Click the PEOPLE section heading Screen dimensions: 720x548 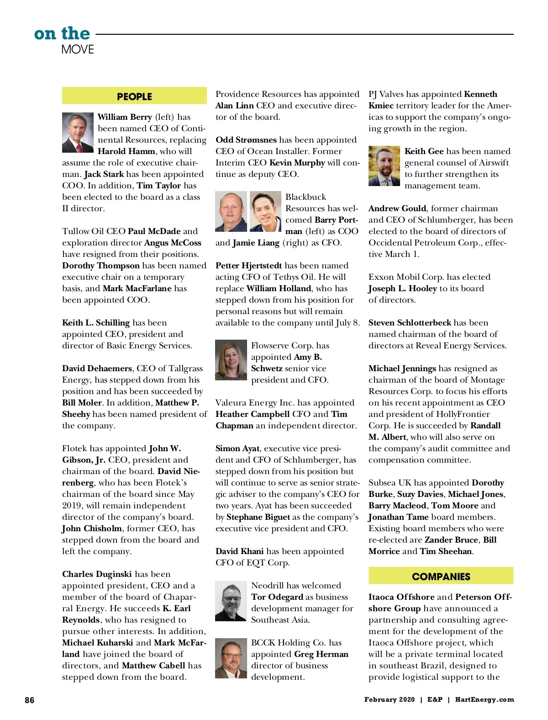134,96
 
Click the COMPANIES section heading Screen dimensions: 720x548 441,576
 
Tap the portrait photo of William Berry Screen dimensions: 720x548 78,133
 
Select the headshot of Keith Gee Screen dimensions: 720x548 384,166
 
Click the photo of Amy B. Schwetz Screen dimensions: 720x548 231,360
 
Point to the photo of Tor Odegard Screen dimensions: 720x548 231,601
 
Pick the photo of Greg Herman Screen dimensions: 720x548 231,658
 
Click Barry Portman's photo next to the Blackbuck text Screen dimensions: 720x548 231,211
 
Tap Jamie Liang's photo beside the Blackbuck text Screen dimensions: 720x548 265,211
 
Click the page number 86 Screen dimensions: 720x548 30,700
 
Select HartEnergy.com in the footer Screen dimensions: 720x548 485,699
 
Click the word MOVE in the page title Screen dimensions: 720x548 78,49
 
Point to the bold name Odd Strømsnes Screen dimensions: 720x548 246,140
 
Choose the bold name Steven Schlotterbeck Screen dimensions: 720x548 410,323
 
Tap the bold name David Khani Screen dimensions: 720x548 239,551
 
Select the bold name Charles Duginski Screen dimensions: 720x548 97,574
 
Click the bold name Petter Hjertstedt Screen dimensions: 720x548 248,266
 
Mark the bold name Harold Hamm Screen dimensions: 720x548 126,151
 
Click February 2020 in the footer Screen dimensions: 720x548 389,699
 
